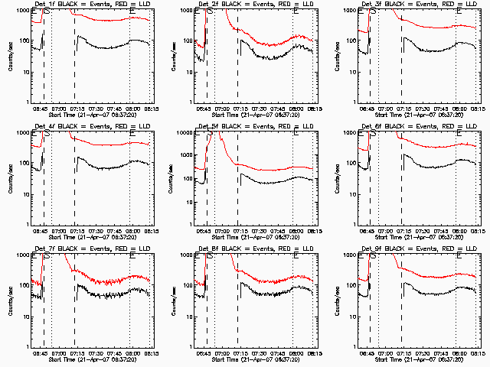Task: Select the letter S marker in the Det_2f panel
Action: coord(210,12)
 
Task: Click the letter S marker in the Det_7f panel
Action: coord(47,257)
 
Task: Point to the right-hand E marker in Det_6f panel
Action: coord(459,135)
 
